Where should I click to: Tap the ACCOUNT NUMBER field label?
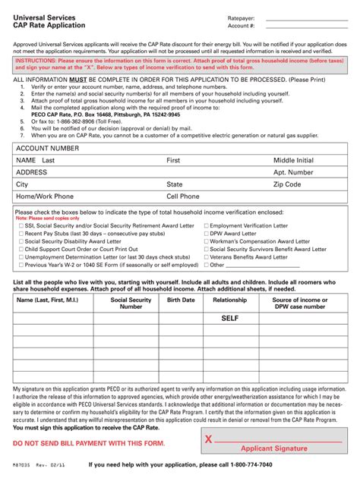(48, 149)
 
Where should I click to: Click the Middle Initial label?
(293, 161)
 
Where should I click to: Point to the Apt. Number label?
(293, 172)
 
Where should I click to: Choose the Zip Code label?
(287, 184)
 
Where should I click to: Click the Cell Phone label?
(183, 196)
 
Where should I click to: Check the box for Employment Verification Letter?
(205, 226)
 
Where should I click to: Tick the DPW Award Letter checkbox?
(205, 234)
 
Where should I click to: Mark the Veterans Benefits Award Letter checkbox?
(205, 257)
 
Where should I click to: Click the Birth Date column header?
(181, 300)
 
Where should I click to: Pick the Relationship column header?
(229, 300)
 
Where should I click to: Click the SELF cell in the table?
(229, 319)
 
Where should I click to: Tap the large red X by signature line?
(208, 439)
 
